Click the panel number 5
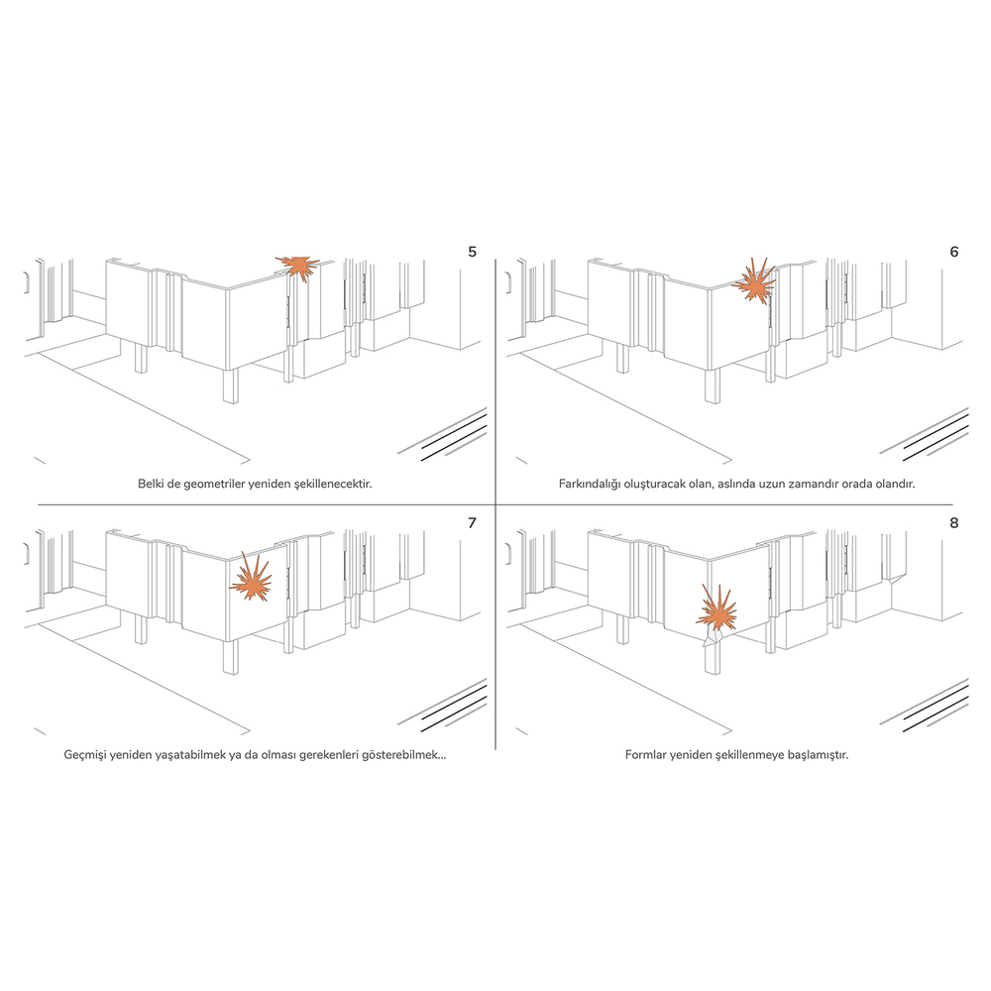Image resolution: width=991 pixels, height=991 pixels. click(472, 252)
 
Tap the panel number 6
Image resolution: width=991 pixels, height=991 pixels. click(954, 252)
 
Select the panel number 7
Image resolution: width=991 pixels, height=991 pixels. click(472, 522)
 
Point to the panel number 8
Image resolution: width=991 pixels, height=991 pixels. click(954, 522)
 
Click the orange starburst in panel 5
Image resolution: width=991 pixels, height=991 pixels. click(298, 267)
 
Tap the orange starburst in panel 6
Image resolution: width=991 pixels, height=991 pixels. click(754, 283)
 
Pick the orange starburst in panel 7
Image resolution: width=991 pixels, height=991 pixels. click(251, 579)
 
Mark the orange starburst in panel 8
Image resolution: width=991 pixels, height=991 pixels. click(717, 609)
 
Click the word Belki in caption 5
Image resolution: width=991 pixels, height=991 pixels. click(151, 484)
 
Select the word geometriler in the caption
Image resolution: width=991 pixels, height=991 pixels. click(215, 485)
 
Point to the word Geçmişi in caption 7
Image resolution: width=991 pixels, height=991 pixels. click(84, 755)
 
